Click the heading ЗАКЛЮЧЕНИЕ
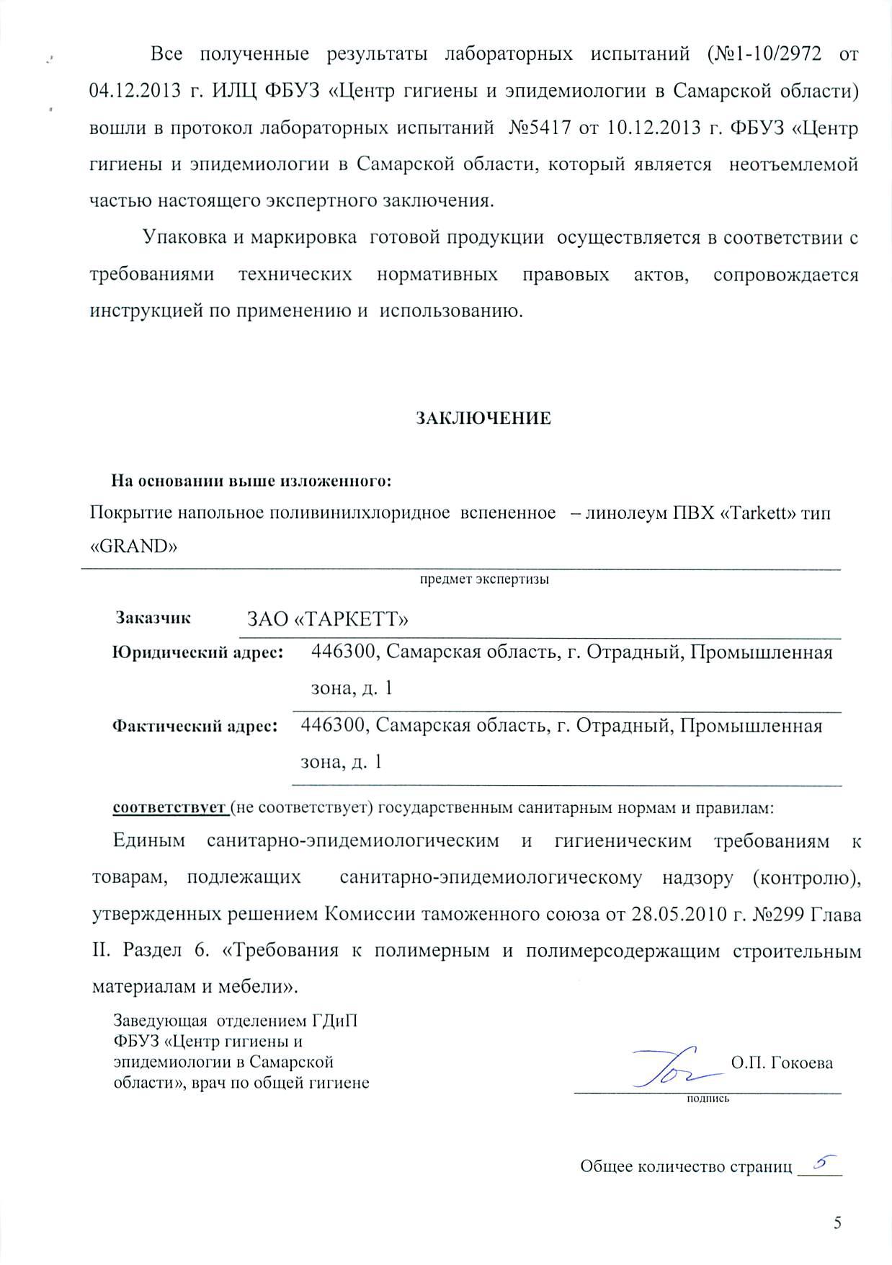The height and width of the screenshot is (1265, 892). click(483, 419)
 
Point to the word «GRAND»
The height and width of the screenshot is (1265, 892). click(133, 546)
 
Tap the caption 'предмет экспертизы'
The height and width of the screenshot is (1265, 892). click(484, 579)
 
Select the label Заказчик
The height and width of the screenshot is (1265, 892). click(153, 618)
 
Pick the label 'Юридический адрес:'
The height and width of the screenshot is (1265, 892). click(197, 654)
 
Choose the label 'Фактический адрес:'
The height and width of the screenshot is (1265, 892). click(195, 727)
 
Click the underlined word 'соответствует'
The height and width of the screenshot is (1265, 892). click(169, 807)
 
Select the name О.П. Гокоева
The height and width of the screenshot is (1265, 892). click(782, 1062)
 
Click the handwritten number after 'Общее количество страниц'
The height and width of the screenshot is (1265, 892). click(819, 1160)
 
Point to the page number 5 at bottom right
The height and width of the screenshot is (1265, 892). click(837, 1222)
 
